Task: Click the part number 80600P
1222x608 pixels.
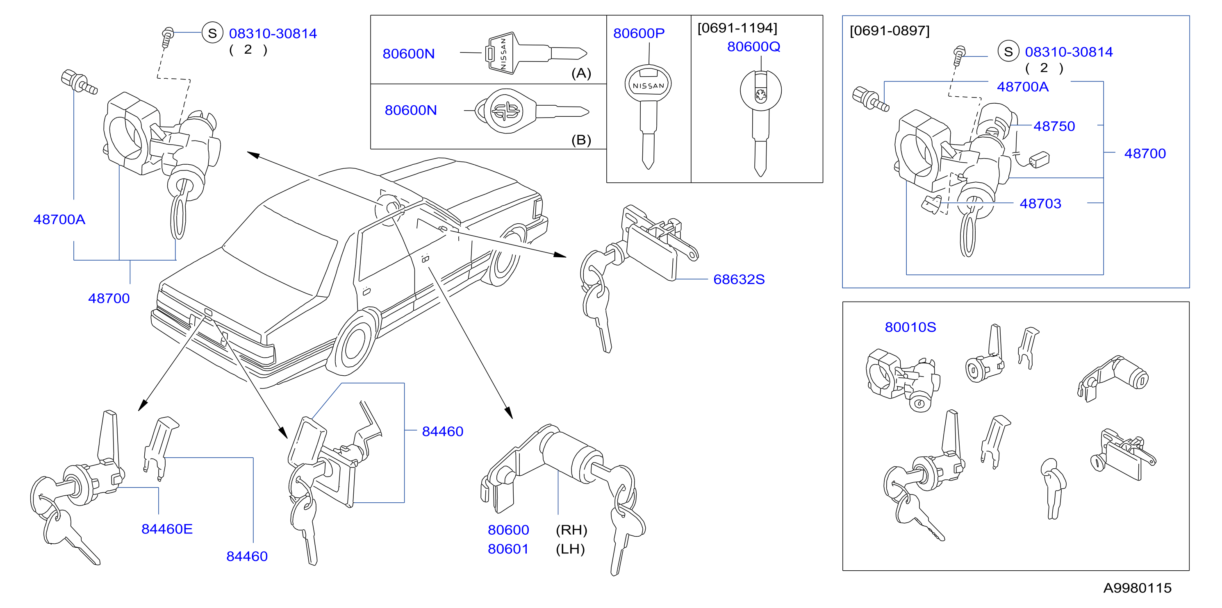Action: point(639,33)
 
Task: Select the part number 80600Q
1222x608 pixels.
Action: point(753,46)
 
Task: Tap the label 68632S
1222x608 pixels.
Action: point(739,279)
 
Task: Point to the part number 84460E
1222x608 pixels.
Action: point(167,529)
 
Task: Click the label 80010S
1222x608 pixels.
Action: point(910,327)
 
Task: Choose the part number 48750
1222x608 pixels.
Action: point(1054,126)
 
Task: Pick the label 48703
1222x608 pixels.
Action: point(1040,204)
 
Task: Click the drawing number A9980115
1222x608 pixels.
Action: point(1137,588)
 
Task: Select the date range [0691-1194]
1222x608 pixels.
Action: point(737,28)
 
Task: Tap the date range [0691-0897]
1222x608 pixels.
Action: point(890,31)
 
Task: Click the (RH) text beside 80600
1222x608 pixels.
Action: point(571,530)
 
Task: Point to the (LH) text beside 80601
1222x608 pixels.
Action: point(570,549)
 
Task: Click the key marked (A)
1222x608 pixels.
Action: point(536,52)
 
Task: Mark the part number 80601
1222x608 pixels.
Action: point(508,549)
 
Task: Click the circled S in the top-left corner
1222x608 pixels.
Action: point(212,33)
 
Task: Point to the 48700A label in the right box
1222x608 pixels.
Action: point(1022,87)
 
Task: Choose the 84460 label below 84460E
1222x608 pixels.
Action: point(247,556)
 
